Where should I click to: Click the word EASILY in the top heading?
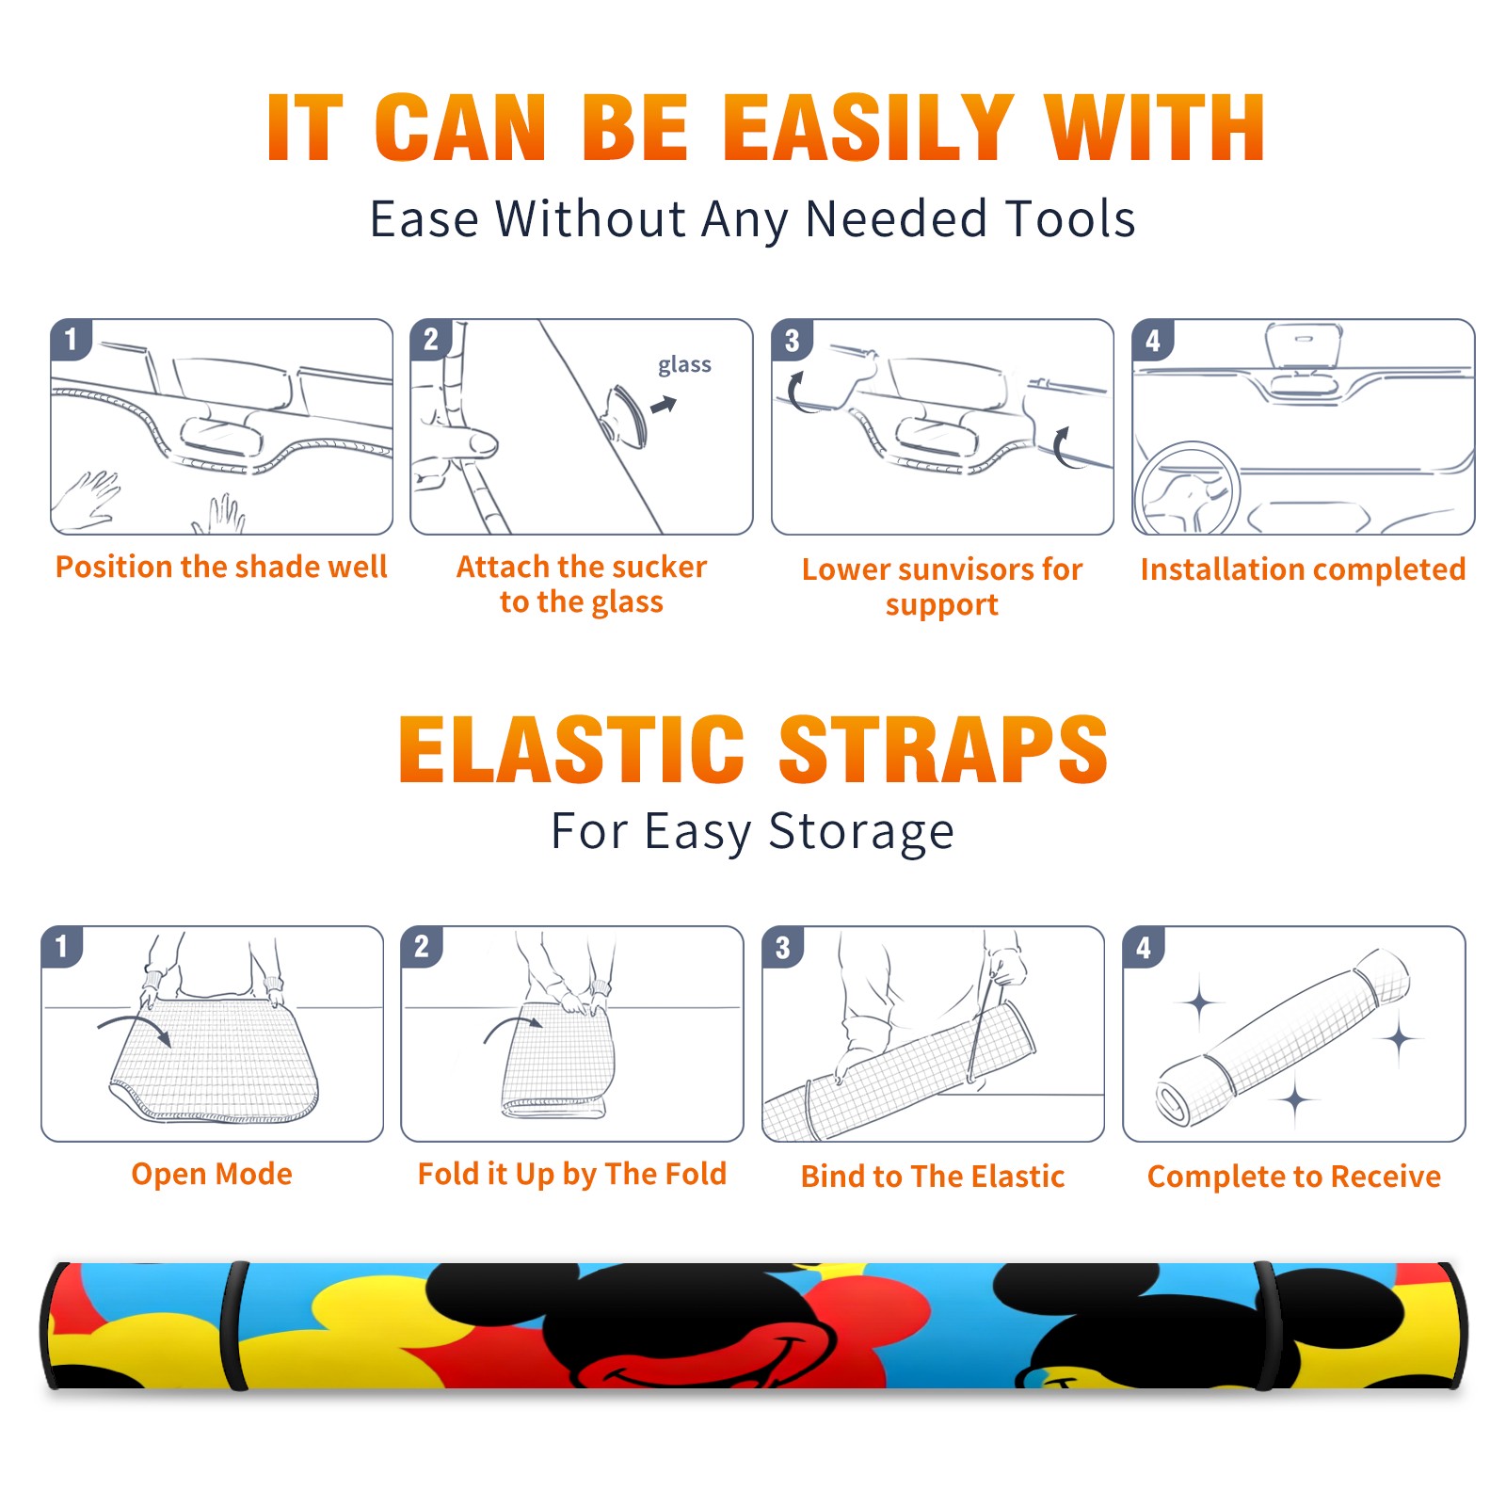click(867, 128)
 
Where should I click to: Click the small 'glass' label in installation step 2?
click(684, 365)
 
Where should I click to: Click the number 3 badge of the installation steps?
click(792, 340)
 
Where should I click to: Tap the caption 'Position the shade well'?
click(221, 567)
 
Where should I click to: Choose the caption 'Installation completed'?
click(1303, 569)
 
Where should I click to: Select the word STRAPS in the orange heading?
click(943, 749)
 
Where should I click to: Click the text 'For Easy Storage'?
click(752, 832)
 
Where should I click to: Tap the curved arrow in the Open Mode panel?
click(135, 1022)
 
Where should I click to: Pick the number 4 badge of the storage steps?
click(1144, 947)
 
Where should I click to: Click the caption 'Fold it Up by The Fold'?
click(572, 1175)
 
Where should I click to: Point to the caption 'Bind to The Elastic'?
click(933, 1177)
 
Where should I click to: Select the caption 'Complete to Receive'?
click(1294, 1177)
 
